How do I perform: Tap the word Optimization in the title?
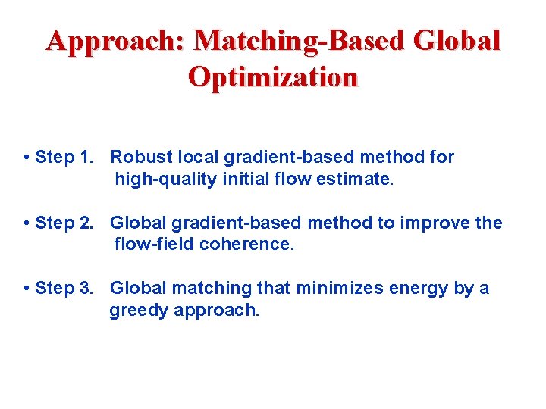coord(273,77)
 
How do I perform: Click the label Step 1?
coord(66,158)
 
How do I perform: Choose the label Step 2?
coord(66,223)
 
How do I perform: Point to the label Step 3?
coord(66,288)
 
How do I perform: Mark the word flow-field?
coord(154,245)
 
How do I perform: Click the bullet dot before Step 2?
coord(27,223)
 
